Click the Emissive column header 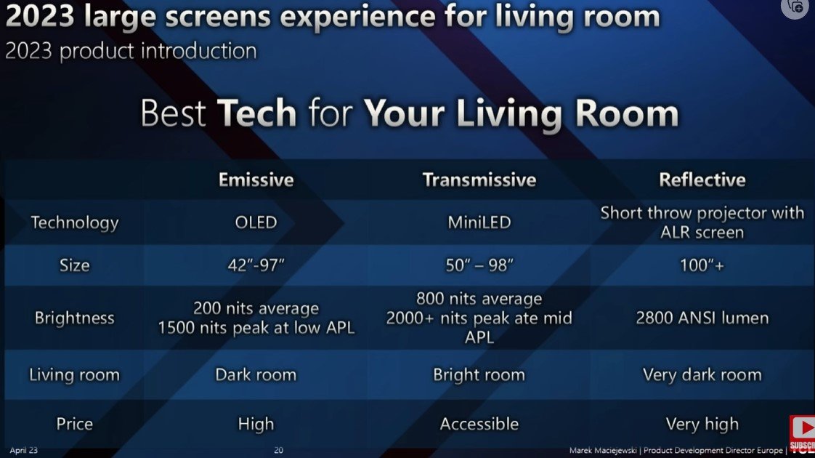256,180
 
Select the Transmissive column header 479,180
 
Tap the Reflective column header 702,180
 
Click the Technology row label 74,222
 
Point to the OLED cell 256,222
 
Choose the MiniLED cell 479,222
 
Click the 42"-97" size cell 256,265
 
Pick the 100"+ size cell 702,265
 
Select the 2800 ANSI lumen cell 702,318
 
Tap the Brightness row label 74,318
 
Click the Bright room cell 479,375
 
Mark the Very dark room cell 702,375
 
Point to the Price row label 74,424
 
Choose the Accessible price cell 479,424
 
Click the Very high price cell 702,424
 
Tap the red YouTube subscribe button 802,433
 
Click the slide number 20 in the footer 278,451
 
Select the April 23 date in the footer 23,451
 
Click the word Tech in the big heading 256,114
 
